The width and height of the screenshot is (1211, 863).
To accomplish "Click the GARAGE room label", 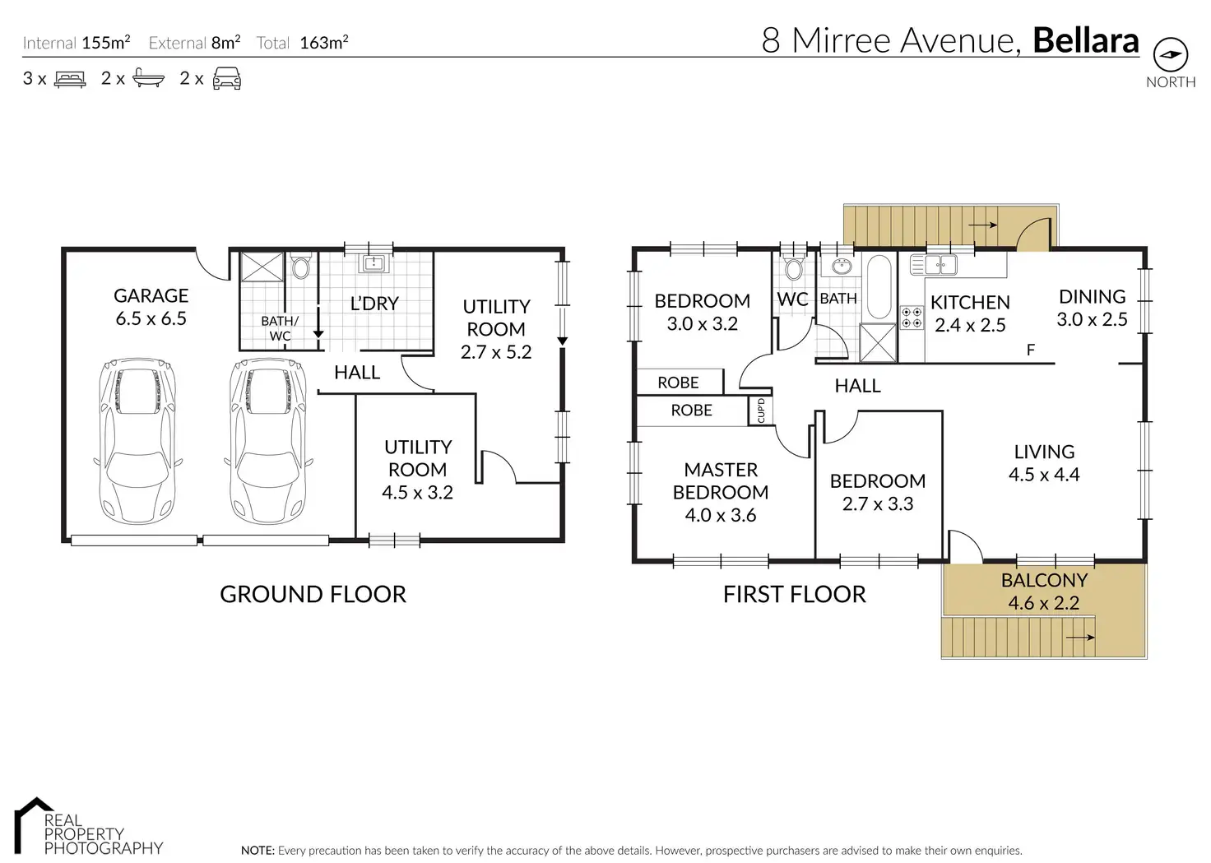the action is coord(151,296).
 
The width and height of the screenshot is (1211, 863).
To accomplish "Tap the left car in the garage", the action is coord(138,441).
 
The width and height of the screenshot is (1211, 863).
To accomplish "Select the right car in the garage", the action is coord(269,441).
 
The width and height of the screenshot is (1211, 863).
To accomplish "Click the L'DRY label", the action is coord(374,304).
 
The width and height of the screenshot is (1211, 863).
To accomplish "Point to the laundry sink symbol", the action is coord(374,263).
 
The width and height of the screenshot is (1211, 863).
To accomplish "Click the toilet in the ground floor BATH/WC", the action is coord(300,266).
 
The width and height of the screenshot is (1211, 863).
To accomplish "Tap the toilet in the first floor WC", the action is coord(794,267).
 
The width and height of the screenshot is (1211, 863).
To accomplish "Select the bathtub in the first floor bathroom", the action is coord(879,286).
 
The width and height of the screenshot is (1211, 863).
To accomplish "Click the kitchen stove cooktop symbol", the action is coord(911,318).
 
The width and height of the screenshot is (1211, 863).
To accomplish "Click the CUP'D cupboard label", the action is coord(761,411).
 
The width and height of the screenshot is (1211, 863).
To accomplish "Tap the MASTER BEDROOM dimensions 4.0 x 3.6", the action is coord(720,515).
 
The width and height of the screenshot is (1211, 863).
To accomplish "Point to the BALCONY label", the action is coord(1044,580).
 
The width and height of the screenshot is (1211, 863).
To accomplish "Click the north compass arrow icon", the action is coord(1171,54).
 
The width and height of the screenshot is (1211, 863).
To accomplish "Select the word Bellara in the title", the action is coord(1086,40).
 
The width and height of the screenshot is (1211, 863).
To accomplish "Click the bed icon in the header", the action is coord(70,79).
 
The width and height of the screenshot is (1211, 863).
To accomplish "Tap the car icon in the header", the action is coord(227,78).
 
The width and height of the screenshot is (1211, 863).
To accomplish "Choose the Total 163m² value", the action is coord(324,42).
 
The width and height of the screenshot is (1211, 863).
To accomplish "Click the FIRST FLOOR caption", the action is coord(794,594).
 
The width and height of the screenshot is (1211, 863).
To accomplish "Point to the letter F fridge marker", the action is coord(1031,350).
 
